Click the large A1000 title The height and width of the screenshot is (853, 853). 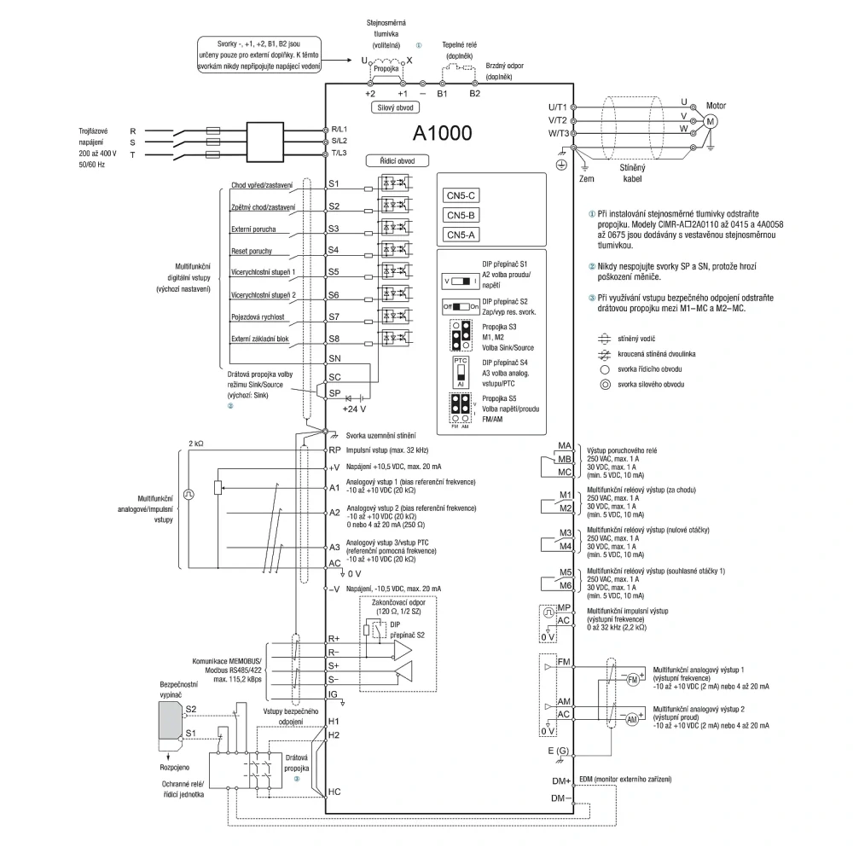(x=442, y=133)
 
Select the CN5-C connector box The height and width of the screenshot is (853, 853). (x=461, y=196)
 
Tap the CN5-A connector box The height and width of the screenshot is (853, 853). (x=461, y=235)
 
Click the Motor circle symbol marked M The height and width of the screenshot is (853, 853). (x=710, y=121)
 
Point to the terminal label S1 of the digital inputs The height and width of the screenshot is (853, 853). (x=334, y=184)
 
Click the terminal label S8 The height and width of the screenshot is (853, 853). (x=334, y=339)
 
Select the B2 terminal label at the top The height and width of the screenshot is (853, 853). (x=475, y=94)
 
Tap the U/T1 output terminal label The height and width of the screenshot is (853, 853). (x=558, y=107)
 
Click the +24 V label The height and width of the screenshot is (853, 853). (x=354, y=409)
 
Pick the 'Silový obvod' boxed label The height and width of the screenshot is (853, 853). (x=396, y=107)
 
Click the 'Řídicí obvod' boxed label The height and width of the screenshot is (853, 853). (x=397, y=161)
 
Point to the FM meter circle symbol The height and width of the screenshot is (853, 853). (x=633, y=680)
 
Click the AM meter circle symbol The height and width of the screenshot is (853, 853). (x=631, y=719)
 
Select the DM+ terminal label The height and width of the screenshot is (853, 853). (x=561, y=781)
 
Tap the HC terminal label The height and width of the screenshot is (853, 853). (x=334, y=792)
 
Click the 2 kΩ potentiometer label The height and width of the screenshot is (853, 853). (x=196, y=444)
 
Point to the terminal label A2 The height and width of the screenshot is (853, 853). (x=334, y=513)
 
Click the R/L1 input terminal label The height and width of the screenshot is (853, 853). (x=339, y=130)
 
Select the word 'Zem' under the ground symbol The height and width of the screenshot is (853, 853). (x=587, y=178)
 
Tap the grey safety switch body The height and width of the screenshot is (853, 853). (x=170, y=720)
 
